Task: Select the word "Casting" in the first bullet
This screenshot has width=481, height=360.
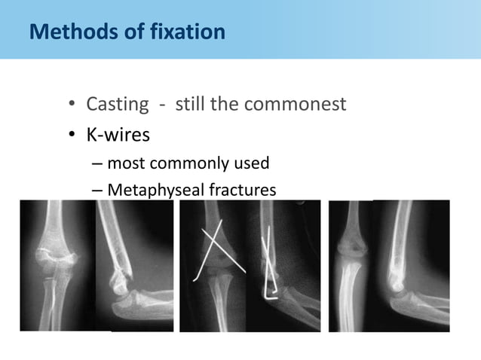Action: pos(116,103)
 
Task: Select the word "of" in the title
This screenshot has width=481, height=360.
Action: pos(134,32)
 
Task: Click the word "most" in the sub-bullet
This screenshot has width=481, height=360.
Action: pos(126,163)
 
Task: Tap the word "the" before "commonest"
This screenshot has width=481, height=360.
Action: pos(225,103)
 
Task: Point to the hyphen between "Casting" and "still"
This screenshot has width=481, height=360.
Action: pos(164,104)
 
